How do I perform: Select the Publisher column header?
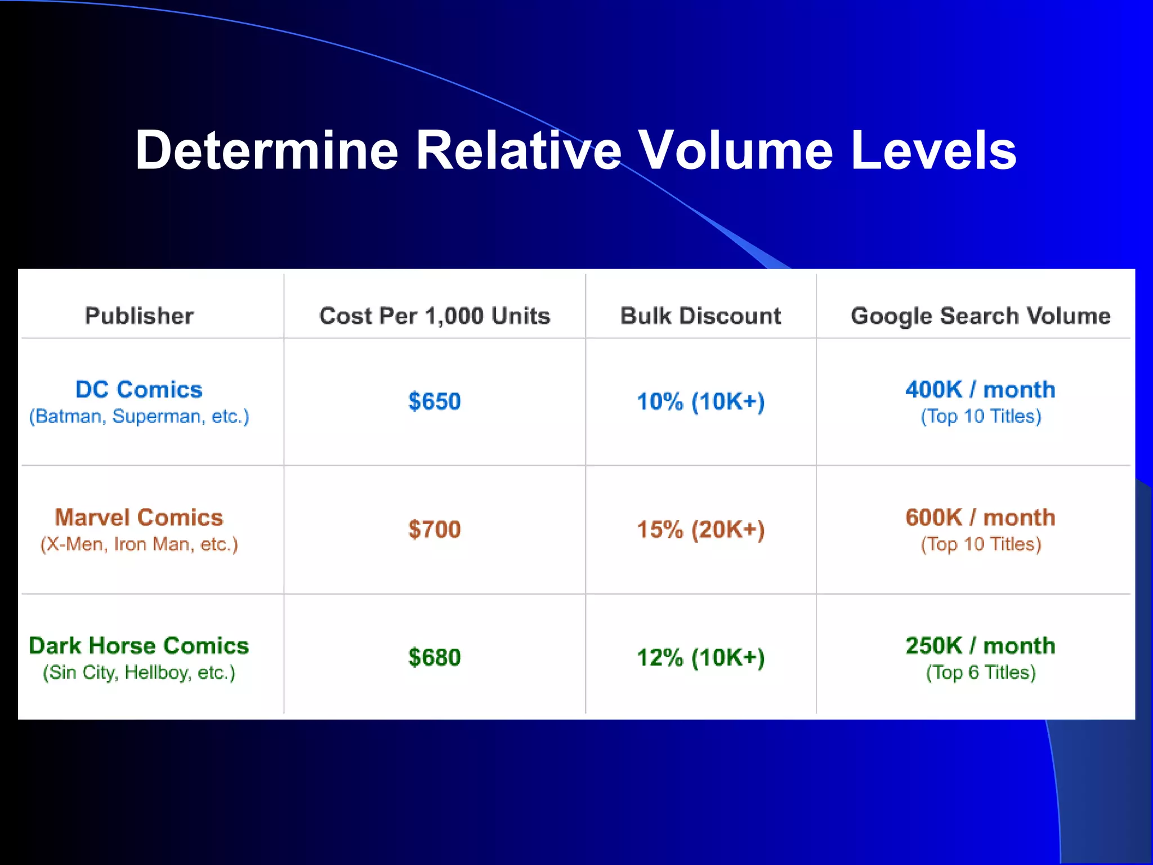(139, 316)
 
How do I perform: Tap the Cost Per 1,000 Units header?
(435, 316)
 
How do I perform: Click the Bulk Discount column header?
(700, 316)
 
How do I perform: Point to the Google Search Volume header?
(980, 316)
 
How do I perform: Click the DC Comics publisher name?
(139, 390)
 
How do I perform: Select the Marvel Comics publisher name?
(139, 518)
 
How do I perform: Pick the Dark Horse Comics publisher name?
(139, 646)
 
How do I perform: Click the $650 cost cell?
(435, 402)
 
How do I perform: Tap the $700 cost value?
(435, 529)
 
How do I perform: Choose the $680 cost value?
(435, 658)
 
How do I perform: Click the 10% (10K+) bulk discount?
(700, 402)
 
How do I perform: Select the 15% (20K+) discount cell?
(700, 529)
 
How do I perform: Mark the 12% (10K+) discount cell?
(700, 658)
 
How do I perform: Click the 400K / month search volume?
(980, 390)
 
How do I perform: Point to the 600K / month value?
(980, 518)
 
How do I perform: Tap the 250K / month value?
(980, 646)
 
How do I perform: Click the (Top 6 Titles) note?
(981, 672)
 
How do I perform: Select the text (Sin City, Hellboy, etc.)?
(139, 672)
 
